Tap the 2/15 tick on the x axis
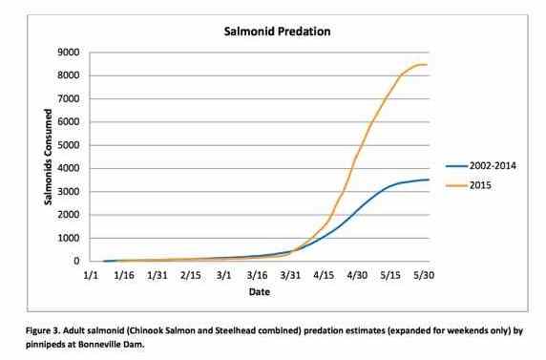(191, 275)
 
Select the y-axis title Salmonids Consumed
(44, 158)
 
